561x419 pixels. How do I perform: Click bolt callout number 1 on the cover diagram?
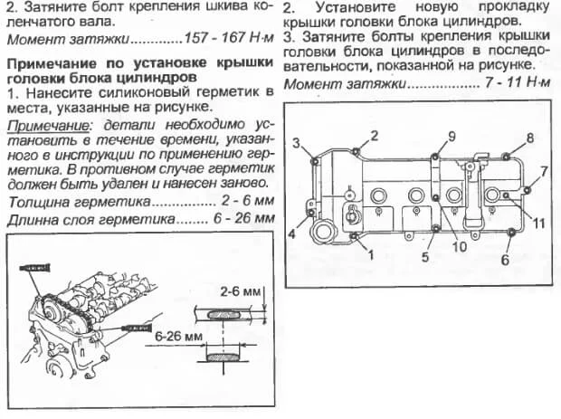click(x=368, y=256)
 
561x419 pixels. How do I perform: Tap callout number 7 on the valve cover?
click(x=544, y=170)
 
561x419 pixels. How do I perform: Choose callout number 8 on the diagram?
click(x=530, y=138)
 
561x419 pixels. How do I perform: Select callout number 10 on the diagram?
click(x=459, y=245)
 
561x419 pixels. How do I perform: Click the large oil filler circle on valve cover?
click(x=324, y=230)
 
